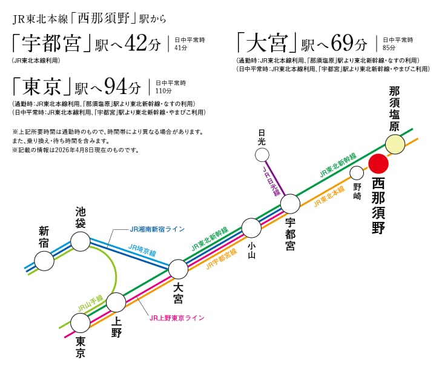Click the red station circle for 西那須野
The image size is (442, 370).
(x=379, y=164)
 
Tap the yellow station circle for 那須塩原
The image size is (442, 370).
(x=395, y=144)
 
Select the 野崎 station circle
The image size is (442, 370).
(x=357, y=173)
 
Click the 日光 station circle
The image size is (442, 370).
(x=262, y=155)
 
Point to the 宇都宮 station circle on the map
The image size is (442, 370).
(x=291, y=204)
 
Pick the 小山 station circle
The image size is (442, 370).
(x=251, y=228)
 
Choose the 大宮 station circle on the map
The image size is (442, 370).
(x=178, y=269)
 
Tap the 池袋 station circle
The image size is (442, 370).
(x=81, y=241)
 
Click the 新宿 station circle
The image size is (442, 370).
(x=44, y=261)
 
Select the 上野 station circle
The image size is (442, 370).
(x=116, y=301)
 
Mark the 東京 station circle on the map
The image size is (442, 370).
(x=80, y=322)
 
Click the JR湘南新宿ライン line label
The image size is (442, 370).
(x=157, y=229)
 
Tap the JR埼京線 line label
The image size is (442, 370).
(x=142, y=249)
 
